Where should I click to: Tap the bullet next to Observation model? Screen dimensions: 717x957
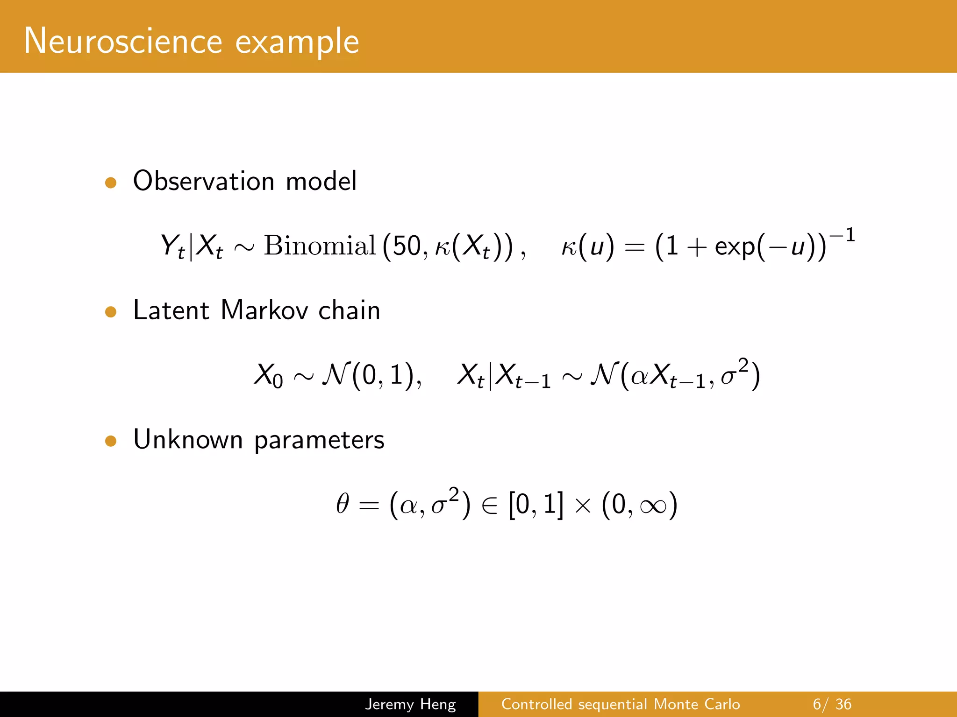(x=111, y=183)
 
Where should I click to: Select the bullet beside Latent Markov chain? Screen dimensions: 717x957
(x=111, y=311)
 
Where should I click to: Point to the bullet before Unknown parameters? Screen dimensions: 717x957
(x=111, y=441)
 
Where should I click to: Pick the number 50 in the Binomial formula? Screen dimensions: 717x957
(x=407, y=246)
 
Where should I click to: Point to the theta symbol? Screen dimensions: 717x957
(x=343, y=504)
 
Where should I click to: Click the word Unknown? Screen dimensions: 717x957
(x=188, y=439)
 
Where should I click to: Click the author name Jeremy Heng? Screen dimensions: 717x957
(x=410, y=704)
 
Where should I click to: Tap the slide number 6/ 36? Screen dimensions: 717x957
(x=832, y=704)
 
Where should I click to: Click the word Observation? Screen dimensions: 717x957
(x=204, y=181)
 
